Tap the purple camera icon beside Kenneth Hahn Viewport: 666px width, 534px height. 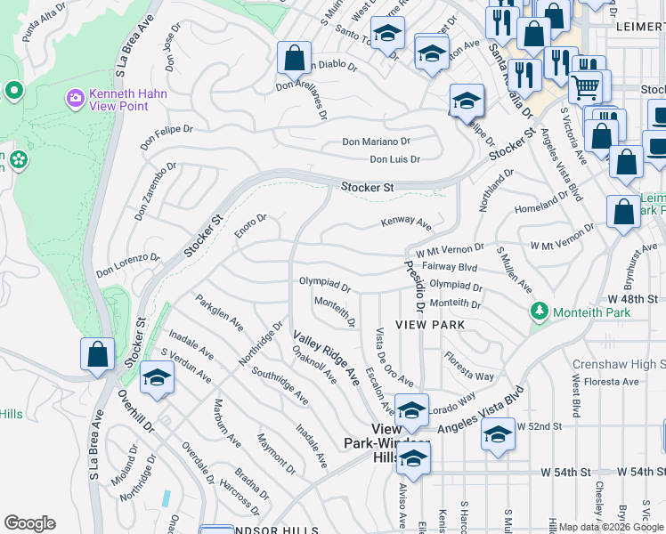click(x=75, y=96)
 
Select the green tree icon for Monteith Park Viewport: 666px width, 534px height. click(x=538, y=311)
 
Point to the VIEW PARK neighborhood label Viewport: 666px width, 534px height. click(x=430, y=326)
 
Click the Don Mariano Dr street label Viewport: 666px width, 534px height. click(x=376, y=142)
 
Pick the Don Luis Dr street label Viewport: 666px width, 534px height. click(x=394, y=160)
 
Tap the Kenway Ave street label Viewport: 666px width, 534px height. click(x=406, y=222)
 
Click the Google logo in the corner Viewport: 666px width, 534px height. click(x=29, y=523)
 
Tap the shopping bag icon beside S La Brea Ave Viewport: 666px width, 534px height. click(x=97, y=353)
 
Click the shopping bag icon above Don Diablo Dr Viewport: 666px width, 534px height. click(x=294, y=58)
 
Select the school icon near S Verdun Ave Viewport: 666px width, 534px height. click(x=156, y=377)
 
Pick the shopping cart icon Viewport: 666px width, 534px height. click(x=585, y=87)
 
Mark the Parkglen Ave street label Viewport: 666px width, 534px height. click(x=219, y=313)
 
